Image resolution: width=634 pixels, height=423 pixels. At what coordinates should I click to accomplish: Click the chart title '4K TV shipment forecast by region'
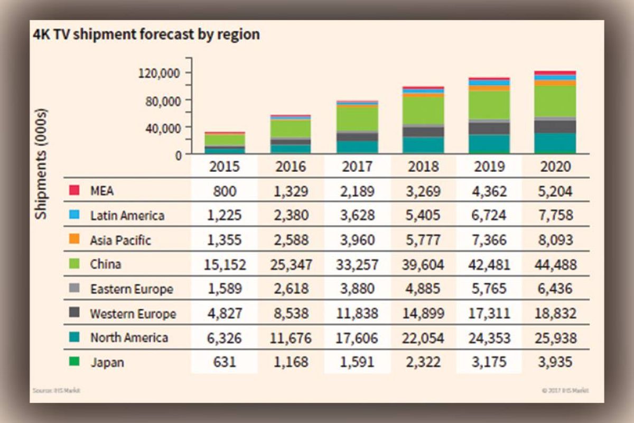[x=145, y=35]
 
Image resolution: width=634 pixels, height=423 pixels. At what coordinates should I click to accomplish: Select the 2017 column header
[x=357, y=167]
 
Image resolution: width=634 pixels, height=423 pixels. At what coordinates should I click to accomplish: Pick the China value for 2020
[x=555, y=264]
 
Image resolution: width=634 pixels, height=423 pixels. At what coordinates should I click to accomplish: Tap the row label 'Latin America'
[x=127, y=215]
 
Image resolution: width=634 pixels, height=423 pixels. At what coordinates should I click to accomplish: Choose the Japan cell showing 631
[x=225, y=362]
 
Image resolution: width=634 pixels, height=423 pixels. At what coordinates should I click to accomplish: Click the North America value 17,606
[x=357, y=338]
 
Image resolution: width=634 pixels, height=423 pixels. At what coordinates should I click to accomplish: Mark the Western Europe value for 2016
[x=291, y=314]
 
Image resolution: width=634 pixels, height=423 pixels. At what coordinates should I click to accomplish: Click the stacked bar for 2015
[x=225, y=143]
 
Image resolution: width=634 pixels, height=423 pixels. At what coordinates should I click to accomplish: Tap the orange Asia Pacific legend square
[x=74, y=240]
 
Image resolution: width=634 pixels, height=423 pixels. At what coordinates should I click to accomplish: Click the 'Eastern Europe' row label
[x=131, y=289]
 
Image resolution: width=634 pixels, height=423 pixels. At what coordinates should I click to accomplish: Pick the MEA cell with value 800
[x=225, y=191]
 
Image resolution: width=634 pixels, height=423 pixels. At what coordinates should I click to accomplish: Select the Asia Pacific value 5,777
[x=423, y=240]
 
